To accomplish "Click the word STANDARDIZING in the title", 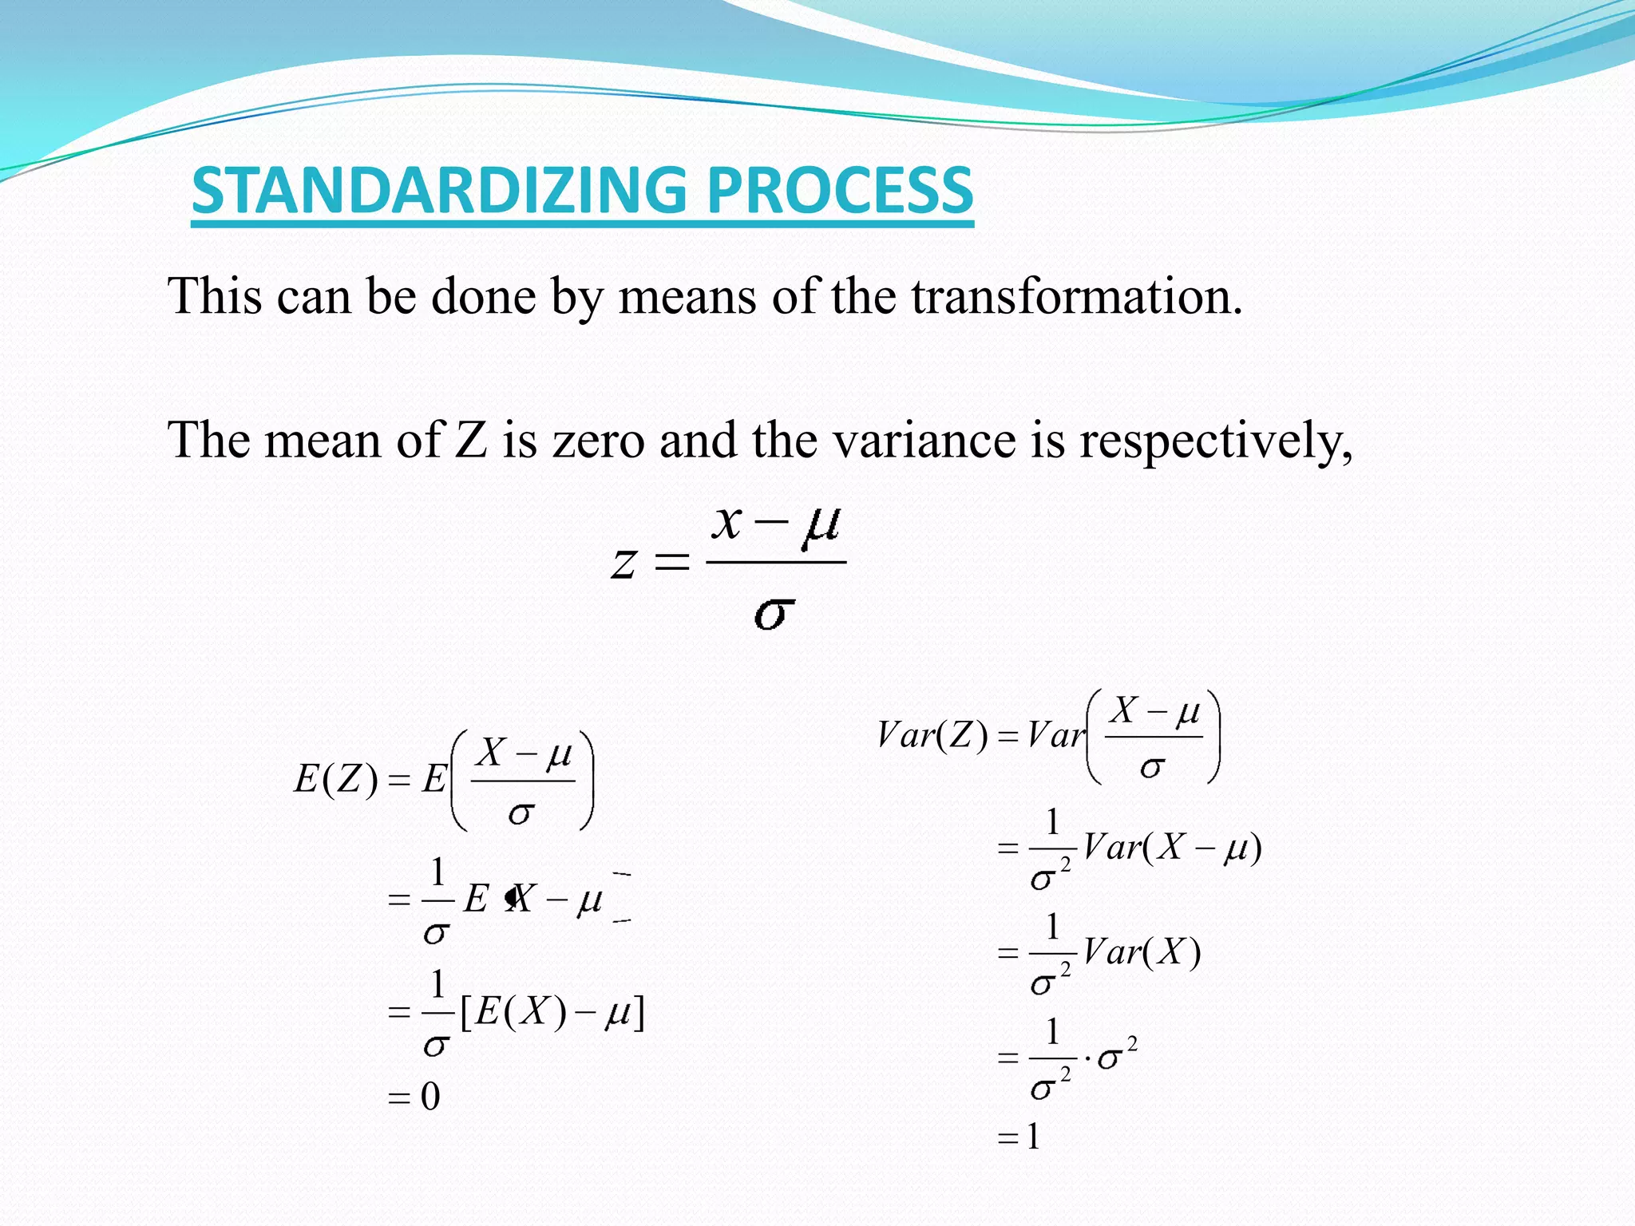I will [x=438, y=191].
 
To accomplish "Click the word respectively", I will [x=1215, y=441].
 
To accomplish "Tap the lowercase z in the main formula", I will [x=624, y=563].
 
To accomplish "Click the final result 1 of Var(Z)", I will [x=1033, y=1137].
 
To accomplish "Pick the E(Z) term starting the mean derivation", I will [x=336, y=779].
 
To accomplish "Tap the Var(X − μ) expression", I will [x=1172, y=848].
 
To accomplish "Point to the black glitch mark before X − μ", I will [x=511, y=898].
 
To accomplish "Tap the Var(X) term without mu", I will [x=1142, y=952].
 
